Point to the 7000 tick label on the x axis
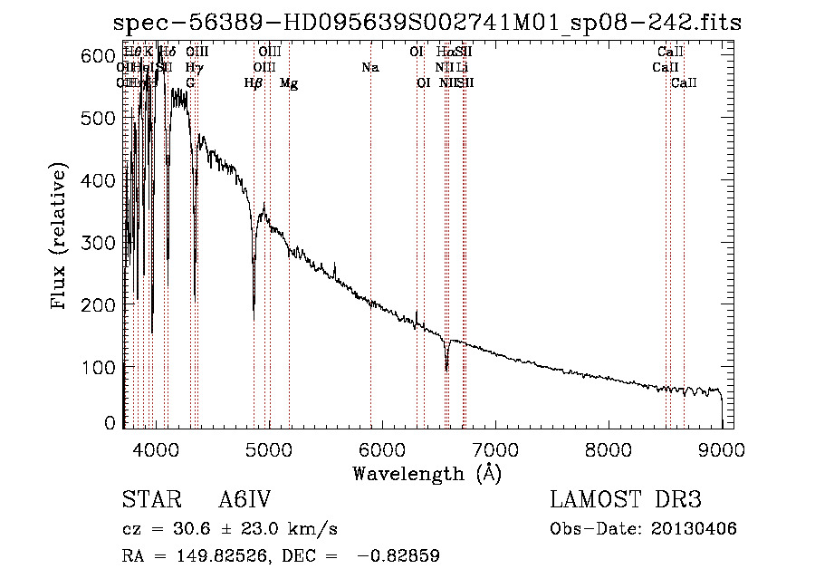(495, 448)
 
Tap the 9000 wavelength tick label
(722, 448)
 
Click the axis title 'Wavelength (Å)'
(427, 473)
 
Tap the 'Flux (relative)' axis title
(61, 237)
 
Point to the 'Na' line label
(369, 67)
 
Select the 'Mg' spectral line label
(289, 83)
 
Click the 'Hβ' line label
(254, 83)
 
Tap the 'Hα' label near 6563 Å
(444, 53)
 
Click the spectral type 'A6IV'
(244, 500)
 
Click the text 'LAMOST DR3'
(625, 500)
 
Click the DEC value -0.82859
(398, 556)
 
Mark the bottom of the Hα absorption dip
(446, 369)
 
